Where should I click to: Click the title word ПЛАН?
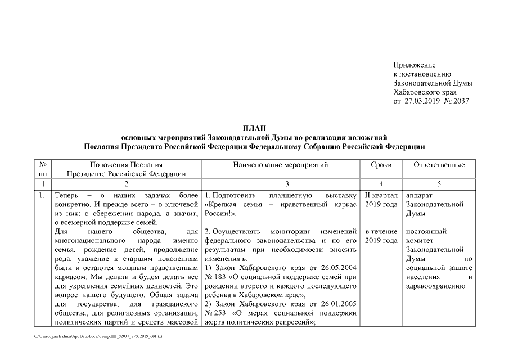254,128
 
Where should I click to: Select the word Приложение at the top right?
414,65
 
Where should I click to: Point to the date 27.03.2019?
421,101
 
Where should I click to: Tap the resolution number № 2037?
456,101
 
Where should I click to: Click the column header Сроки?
382,165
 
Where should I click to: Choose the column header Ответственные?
439,165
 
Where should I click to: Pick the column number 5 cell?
439,184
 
